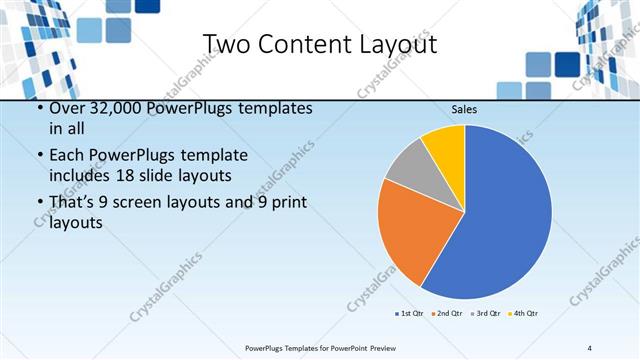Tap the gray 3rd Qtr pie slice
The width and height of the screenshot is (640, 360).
coord(407,167)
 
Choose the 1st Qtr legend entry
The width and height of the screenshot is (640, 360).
coord(409,314)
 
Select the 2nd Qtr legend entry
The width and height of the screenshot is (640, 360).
coord(445,314)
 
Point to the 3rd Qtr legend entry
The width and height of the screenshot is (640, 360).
coord(485,314)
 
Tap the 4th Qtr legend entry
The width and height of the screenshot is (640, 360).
coord(524,314)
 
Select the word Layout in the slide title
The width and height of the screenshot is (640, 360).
coord(397,45)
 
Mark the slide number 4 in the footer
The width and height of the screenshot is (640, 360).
coord(589,348)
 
